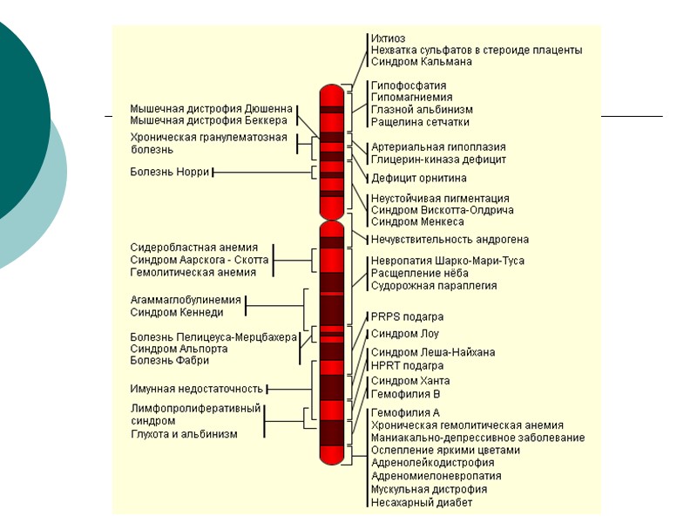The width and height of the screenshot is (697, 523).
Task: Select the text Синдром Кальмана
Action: click(x=422, y=62)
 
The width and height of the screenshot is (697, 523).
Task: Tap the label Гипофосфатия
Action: click(x=409, y=85)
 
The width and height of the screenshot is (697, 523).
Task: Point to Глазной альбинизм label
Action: click(x=422, y=110)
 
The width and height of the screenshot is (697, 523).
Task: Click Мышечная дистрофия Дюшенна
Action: click(x=211, y=108)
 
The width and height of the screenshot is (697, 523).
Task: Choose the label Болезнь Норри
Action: click(x=170, y=172)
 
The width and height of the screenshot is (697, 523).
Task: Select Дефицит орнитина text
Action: click(x=420, y=178)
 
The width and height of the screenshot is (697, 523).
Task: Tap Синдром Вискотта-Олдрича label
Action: click(x=442, y=210)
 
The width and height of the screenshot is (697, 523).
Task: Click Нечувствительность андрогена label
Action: click(x=450, y=239)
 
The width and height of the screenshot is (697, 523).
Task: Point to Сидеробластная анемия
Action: click(x=194, y=248)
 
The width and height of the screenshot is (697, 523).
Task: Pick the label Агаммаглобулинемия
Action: click(x=186, y=300)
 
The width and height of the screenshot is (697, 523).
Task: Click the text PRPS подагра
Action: click(x=407, y=316)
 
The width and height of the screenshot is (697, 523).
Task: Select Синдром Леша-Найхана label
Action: click(x=433, y=352)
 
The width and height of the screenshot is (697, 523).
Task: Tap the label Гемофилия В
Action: click(x=406, y=394)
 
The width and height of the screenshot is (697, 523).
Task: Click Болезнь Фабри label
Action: click(x=169, y=360)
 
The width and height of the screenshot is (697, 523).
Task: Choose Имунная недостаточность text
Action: click(x=197, y=389)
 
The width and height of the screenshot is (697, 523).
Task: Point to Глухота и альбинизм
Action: click(x=184, y=433)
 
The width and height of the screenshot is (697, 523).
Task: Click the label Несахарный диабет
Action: click(x=422, y=502)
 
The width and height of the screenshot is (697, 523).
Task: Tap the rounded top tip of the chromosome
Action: click(x=331, y=87)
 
